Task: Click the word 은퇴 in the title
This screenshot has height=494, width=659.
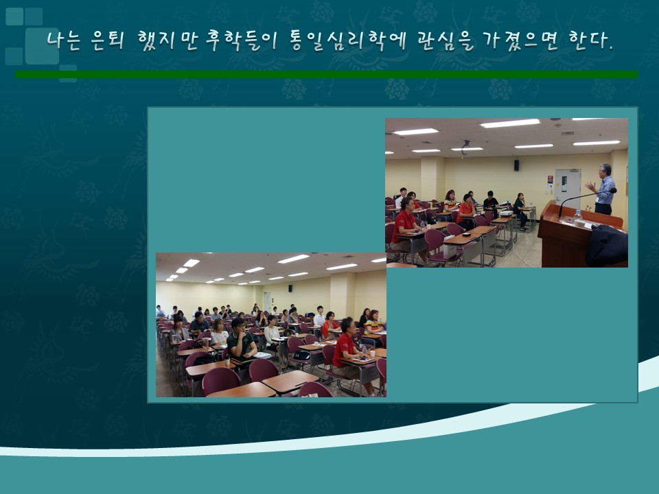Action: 108,40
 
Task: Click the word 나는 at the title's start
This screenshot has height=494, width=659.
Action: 63,40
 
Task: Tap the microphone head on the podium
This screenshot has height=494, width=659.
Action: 613,190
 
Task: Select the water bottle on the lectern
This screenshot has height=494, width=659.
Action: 578,216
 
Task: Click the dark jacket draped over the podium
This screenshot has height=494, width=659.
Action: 608,246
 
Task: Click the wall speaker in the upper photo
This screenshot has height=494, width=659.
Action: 516,165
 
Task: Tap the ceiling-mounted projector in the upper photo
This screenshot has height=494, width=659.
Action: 465,147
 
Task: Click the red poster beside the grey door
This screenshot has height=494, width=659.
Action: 550,179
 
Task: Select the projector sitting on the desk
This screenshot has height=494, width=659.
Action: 506,213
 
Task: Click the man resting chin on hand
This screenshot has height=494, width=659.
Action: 241,340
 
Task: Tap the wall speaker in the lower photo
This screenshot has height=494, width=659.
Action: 290,288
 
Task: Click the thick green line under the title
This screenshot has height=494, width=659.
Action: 327,74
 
